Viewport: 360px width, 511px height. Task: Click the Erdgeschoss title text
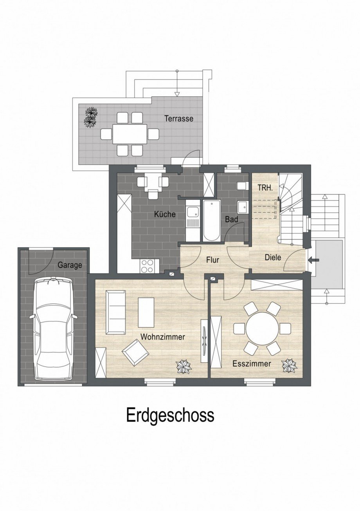[x=170, y=415]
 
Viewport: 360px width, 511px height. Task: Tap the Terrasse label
[x=178, y=118]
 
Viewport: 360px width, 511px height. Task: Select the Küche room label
[x=164, y=214]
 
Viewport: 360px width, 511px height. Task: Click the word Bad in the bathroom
[x=231, y=220]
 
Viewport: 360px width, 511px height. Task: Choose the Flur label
[x=212, y=260]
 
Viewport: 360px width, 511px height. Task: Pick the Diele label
[x=273, y=258]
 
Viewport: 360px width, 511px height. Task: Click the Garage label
[x=70, y=265]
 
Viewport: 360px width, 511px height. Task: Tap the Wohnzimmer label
[x=162, y=337]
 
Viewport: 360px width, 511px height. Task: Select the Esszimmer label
[x=251, y=363]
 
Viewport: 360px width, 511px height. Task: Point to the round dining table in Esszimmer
[x=263, y=328]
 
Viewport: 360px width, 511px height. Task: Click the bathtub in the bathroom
[x=211, y=220]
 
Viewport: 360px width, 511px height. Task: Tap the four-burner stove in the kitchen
[x=149, y=266]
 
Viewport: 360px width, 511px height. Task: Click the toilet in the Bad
[x=242, y=185]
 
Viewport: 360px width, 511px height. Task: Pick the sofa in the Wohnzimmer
[x=115, y=312]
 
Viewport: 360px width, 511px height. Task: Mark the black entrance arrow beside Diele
[x=313, y=260]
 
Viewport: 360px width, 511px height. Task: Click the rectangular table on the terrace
[x=130, y=134]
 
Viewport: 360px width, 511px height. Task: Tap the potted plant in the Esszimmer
[x=289, y=365]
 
